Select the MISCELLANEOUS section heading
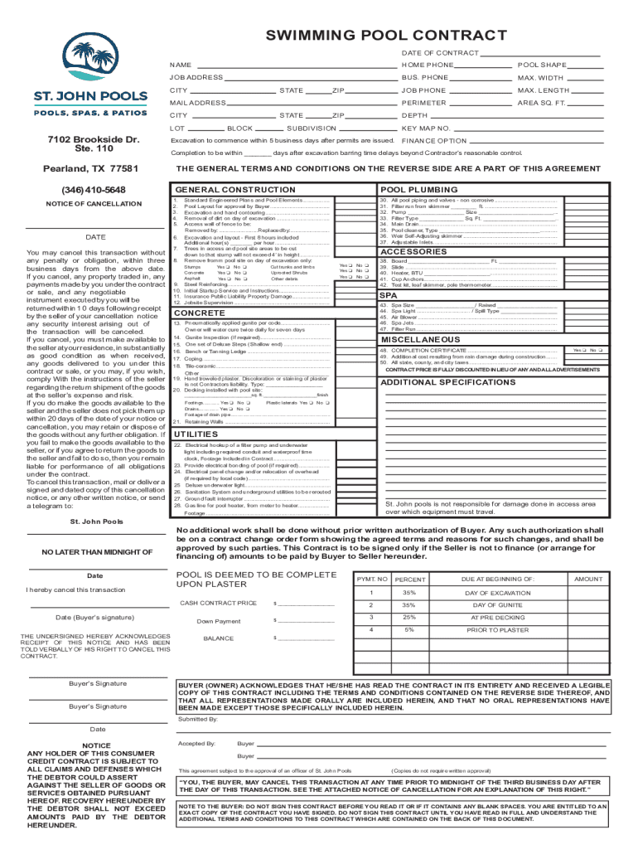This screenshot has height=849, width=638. [x=419, y=340]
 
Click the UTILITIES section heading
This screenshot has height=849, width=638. [x=196, y=434]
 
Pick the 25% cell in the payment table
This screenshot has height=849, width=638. [x=408, y=617]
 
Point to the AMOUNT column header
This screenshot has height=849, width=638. [x=588, y=579]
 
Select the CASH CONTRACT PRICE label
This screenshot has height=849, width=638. [x=218, y=603]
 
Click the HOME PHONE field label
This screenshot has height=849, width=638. [x=427, y=65]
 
